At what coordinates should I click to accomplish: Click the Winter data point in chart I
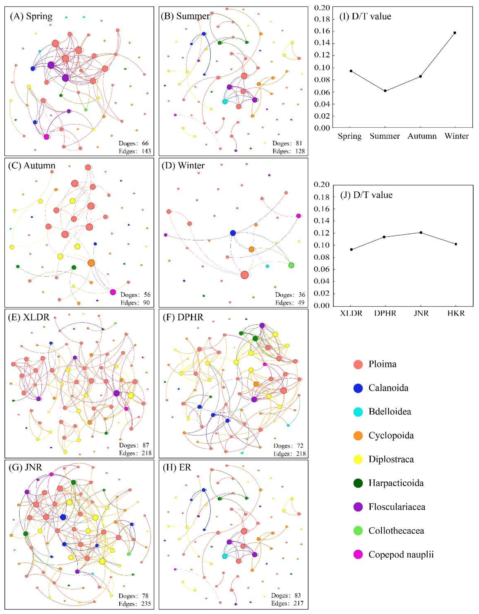tap(455, 33)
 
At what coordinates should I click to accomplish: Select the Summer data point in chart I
tap(385, 91)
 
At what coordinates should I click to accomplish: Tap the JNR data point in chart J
tap(421, 233)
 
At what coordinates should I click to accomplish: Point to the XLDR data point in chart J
tap(351, 249)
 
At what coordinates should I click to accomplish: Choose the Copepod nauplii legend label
tap(401, 555)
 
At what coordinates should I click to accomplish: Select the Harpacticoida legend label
tap(396, 483)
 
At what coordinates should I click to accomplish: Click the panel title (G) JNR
tap(26, 467)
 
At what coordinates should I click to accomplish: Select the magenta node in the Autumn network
tap(113, 292)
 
